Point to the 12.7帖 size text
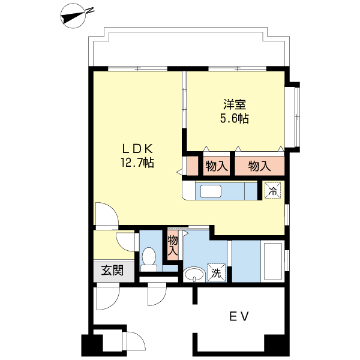138,162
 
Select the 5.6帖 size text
233,118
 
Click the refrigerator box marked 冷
272,191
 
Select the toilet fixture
149,258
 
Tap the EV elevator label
238,316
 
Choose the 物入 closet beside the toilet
173,245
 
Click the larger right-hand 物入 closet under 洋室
259,166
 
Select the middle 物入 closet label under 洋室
216,166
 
